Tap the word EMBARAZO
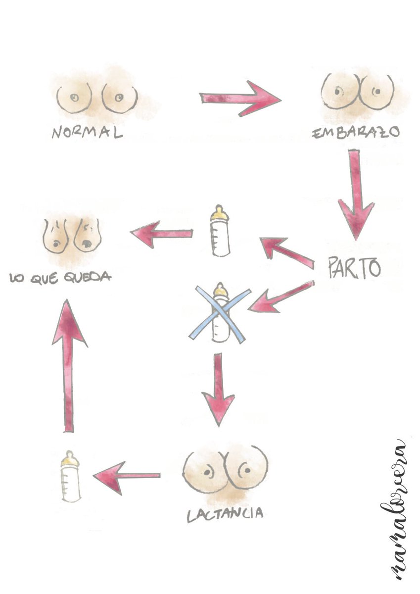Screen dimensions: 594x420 coord(355,134)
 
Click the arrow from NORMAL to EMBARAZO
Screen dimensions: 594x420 coord(240,99)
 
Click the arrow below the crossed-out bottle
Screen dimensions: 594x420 coord(218,389)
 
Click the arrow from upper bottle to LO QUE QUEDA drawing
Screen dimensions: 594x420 coord(161,234)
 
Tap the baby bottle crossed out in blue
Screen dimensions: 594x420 coord(220,313)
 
